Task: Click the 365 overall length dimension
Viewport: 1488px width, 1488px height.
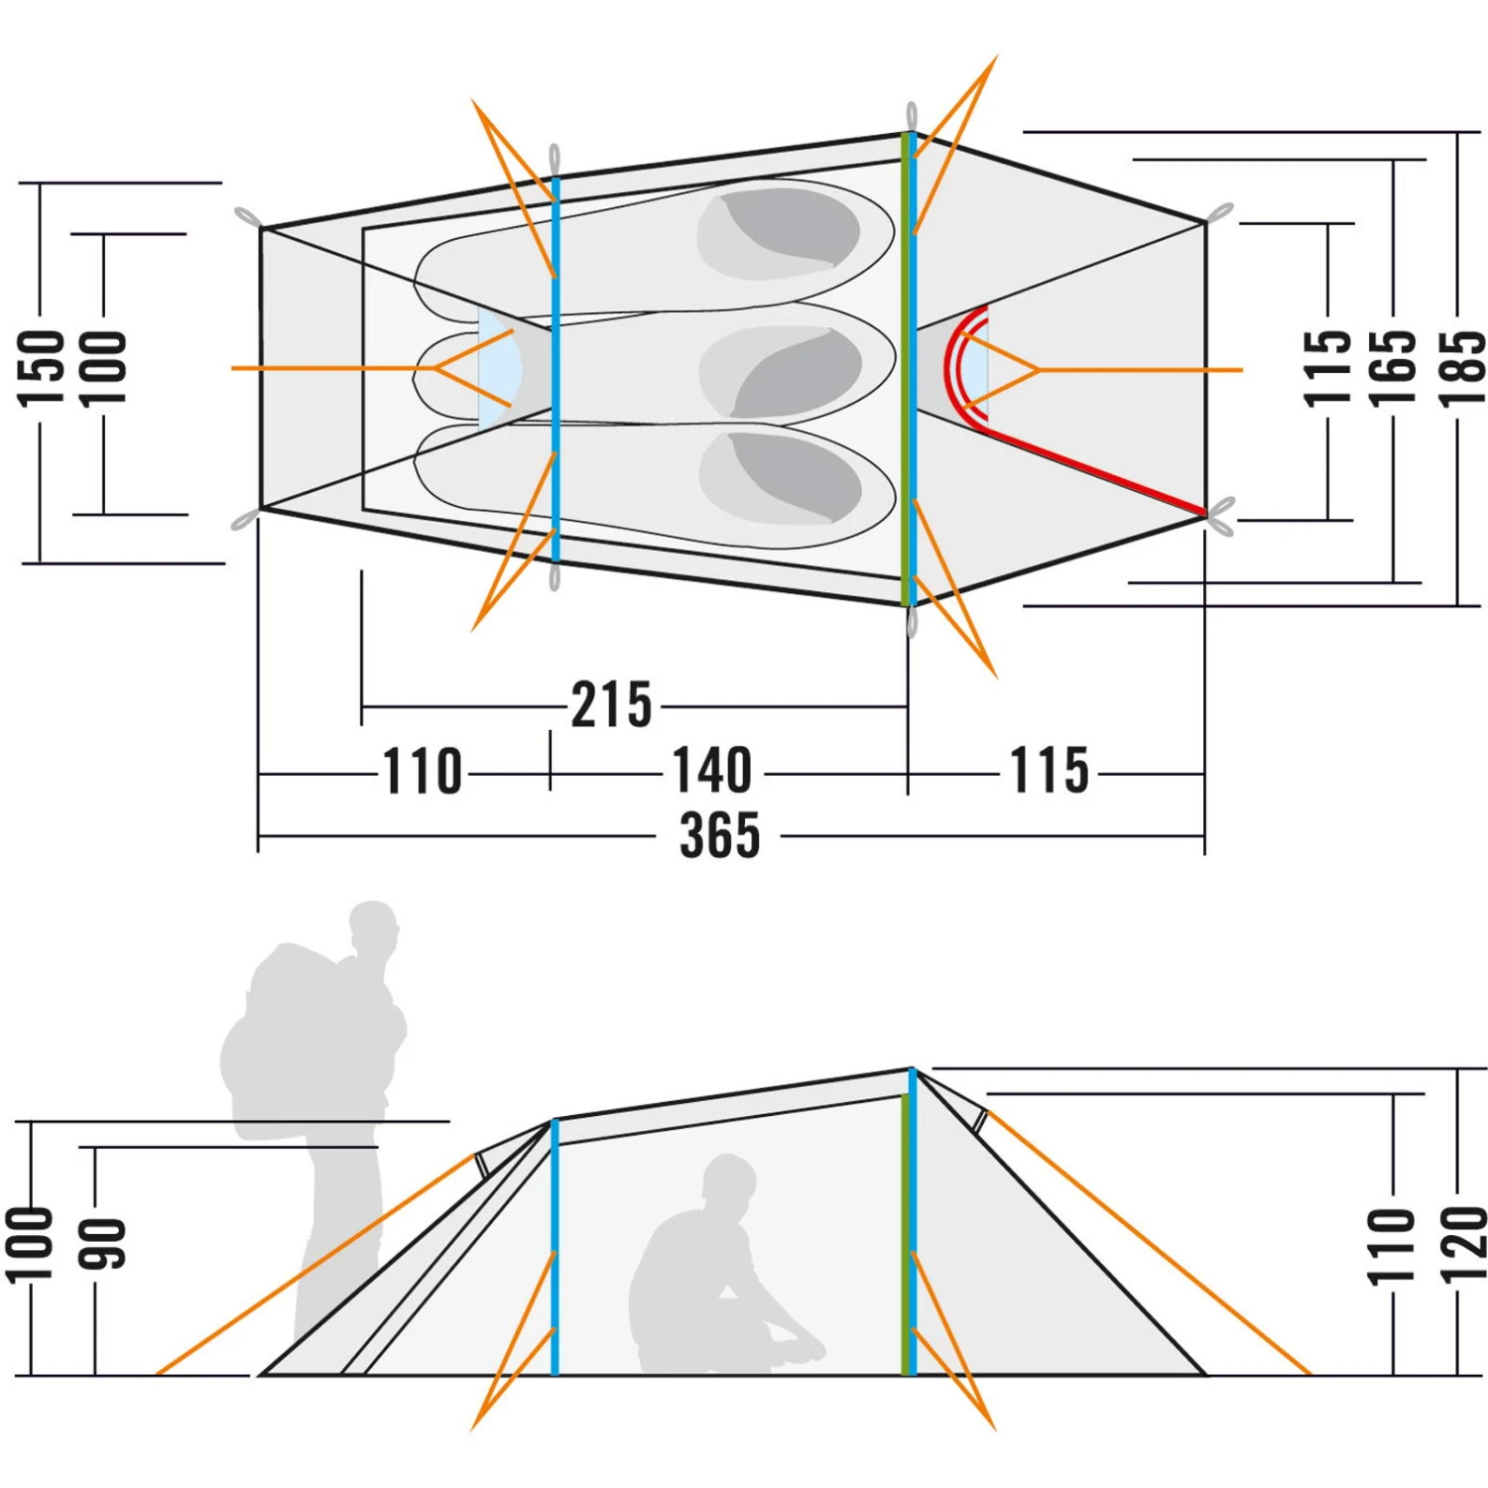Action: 720,834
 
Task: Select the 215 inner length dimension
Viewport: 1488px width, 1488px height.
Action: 612,705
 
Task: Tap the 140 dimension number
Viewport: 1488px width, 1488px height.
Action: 712,771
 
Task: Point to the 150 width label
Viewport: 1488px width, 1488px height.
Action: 42,368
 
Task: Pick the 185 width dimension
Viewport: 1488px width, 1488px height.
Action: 1462,368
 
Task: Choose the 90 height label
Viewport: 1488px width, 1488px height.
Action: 102,1244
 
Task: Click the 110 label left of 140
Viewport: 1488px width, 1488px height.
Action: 423,771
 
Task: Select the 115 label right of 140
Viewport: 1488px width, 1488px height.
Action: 1050,771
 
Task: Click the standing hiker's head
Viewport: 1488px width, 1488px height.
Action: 374,930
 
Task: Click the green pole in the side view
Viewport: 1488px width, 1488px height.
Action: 904,1235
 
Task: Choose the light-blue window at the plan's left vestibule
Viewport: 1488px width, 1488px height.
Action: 499,368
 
